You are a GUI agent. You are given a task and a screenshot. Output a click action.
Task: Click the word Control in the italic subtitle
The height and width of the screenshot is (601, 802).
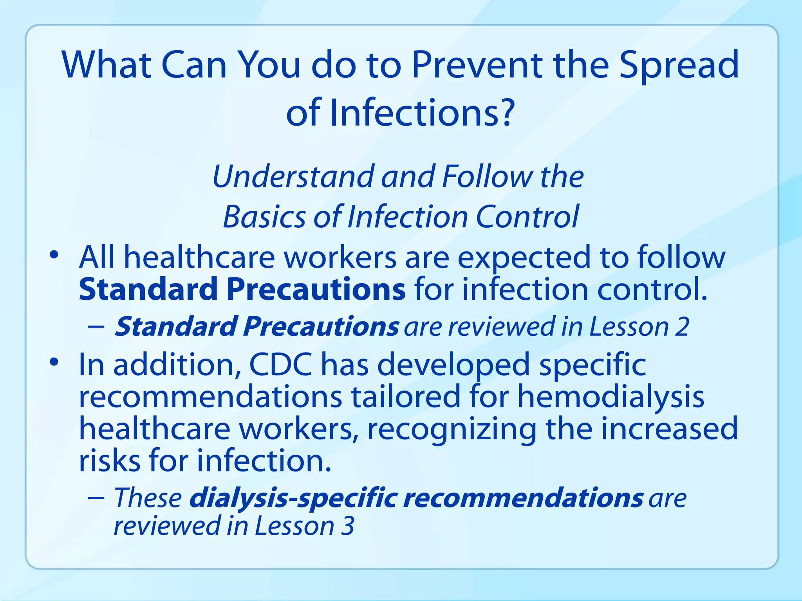(527, 217)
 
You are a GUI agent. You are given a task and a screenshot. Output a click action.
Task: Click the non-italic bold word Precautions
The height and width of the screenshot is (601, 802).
(316, 290)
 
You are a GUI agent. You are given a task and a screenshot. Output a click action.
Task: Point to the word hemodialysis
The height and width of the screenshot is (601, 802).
(611, 398)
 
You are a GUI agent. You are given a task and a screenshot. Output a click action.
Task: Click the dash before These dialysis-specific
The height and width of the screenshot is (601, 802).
(96, 498)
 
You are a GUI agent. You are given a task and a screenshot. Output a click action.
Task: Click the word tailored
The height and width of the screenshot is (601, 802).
(405, 397)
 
